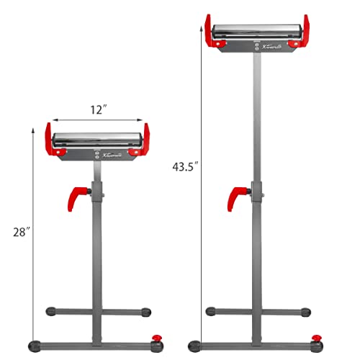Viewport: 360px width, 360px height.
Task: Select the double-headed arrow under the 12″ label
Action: coord(99,121)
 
